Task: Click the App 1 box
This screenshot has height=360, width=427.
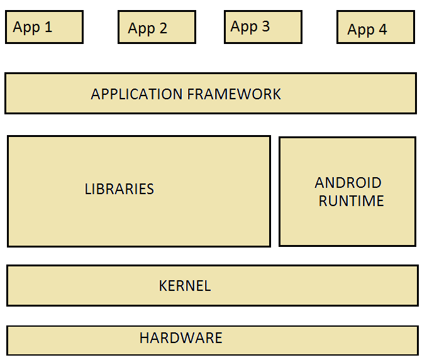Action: pyautogui.click(x=44, y=27)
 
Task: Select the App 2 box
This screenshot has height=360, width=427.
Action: pyautogui.click(x=157, y=28)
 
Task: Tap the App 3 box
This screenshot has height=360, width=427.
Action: pyautogui.click(x=263, y=27)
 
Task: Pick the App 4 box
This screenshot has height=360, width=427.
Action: pyautogui.click(x=375, y=28)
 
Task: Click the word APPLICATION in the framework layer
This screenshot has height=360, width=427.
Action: pyautogui.click(x=136, y=94)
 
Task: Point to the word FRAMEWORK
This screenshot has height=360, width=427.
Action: pyautogui.click(x=234, y=94)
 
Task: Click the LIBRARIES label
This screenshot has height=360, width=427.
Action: pyautogui.click(x=119, y=189)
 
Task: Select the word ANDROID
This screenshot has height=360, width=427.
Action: pyautogui.click(x=348, y=183)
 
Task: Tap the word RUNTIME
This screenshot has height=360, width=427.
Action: pyautogui.click(x=351, y=201)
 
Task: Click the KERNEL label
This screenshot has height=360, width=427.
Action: pyautogui.click(x=185, y=286)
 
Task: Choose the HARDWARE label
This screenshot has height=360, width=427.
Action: pyautogui.click(x=181, y=338)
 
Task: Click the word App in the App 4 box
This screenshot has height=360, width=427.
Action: pyautogui.click(x=361, y=30)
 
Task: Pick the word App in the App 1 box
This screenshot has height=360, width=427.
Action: pyautogui.click(x=27, y=28)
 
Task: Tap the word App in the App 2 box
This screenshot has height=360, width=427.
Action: pyautogui.click(x=141, y=29)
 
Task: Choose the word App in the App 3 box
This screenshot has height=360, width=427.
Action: pyautogui.click(x=244, y=27)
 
